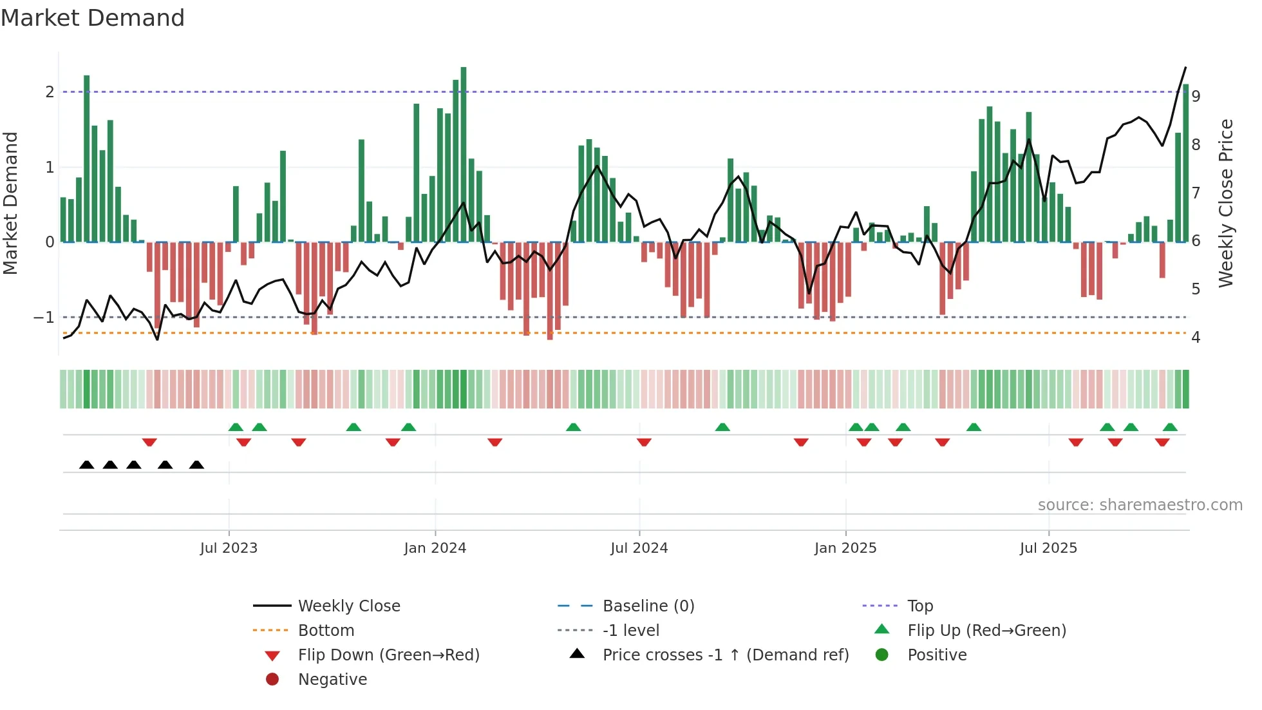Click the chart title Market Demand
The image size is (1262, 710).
point(93,18)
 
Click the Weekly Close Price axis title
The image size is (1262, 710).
point(1226,203)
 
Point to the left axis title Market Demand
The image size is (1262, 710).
point(10,203)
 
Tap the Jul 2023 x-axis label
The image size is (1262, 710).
point(229,548)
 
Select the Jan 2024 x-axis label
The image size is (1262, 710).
point(435,548)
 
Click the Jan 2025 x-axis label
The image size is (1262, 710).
point(845,548)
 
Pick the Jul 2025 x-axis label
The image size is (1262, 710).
point(1048,548)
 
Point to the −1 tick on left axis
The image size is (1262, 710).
point(44,318)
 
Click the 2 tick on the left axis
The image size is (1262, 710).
point(50,92)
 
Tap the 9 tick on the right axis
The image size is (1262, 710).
point(1196,96)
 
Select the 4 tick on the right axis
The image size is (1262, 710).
point(1196,338)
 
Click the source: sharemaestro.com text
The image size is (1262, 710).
point(1140,505)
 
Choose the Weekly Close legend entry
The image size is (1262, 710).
point(349,606)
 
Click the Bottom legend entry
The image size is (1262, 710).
point(326,631)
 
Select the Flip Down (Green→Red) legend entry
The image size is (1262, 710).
point(388,655)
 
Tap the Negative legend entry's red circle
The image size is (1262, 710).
point(272,680)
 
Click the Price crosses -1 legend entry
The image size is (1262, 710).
point(726,655)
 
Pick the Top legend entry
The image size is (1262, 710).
point(920,606)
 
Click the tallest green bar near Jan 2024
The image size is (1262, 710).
point(464,155)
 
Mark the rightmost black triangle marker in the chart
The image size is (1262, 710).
point(197,465)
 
